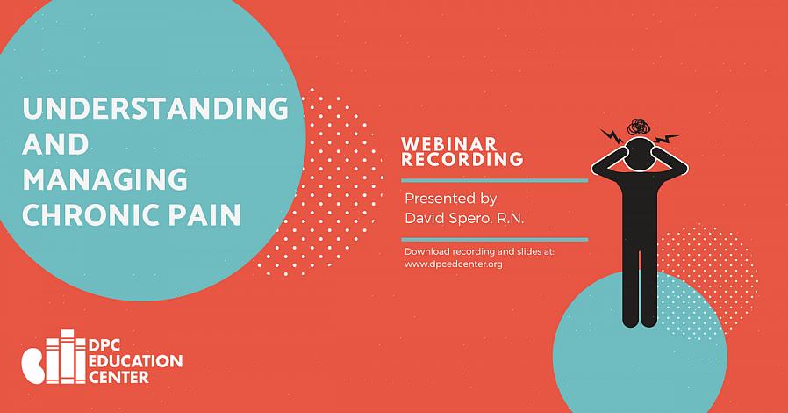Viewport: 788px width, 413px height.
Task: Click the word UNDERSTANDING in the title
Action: (x=155, y=108)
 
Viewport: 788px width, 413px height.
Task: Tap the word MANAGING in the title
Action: (x=104, y=179)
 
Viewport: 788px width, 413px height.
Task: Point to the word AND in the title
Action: (x=55, y=143)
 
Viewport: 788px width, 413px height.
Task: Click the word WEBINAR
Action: (x=448, y=144)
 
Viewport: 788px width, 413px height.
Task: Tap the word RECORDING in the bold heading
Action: (x=462, y=159)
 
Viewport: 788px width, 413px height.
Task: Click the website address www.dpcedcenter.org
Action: (x=454, y=264)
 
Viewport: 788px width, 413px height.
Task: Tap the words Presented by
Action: (x=451, y=199)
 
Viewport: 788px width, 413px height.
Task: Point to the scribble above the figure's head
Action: (x=638, y=127)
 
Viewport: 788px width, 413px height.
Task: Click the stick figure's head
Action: (x=639, y=154)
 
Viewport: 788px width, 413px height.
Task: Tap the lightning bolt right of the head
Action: (x=667, y=138)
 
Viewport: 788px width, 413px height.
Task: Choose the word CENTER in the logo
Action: (x=118, y=377)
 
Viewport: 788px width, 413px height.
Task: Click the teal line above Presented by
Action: (x=495, y=180)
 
